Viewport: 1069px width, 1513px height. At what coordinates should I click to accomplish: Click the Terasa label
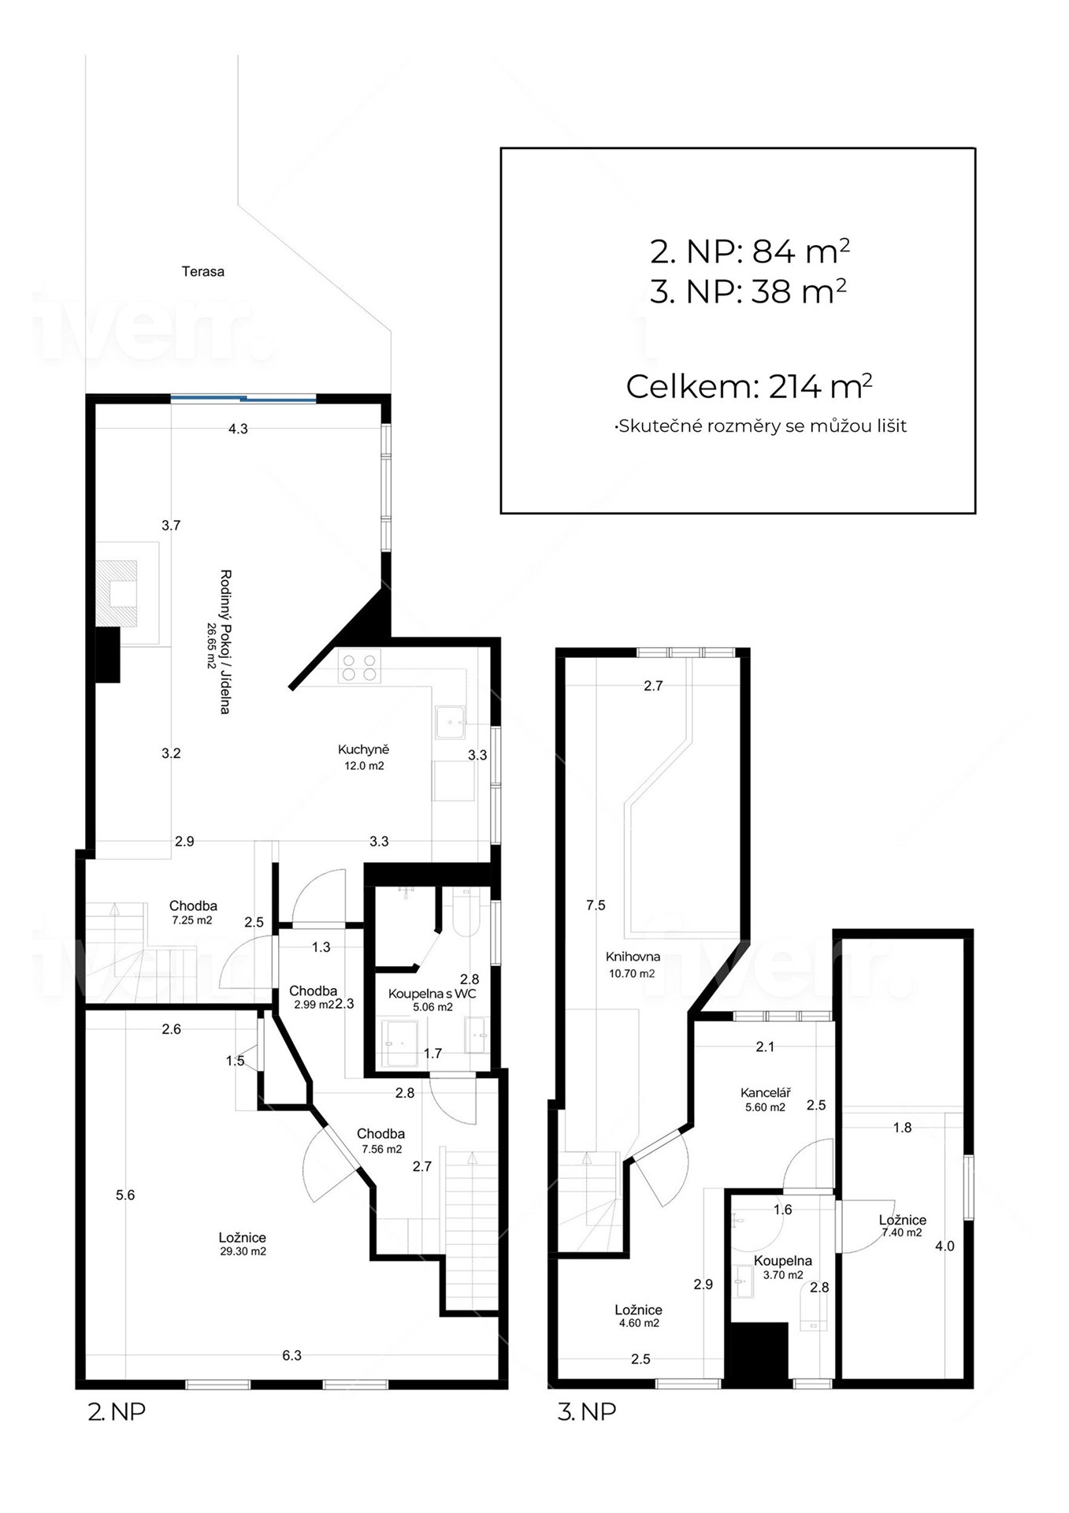click(203, 272)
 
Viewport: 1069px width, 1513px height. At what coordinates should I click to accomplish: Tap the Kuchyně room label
click(363, 749)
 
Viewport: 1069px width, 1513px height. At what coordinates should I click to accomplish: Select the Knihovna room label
click(633, 957)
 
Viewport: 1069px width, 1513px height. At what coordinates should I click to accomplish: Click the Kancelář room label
click(765, 1093)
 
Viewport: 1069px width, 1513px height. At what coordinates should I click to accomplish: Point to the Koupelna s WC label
click(432, 994)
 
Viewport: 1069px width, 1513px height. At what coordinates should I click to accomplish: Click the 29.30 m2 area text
click(243, 1251)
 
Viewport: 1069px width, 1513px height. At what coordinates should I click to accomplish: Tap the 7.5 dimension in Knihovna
click(596, 905)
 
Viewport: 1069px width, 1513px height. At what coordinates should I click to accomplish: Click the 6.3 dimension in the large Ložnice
click(291, 1356)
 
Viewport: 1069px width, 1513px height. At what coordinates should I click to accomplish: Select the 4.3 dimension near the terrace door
click(238, 429)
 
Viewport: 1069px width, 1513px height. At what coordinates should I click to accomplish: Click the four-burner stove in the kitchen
click(359, 666)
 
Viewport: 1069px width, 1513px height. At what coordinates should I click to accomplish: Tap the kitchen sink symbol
click(451, 722)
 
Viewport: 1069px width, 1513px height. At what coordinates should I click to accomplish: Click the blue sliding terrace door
click(243, 399)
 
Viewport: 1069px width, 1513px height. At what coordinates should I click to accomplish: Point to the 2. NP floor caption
click(117, 1411)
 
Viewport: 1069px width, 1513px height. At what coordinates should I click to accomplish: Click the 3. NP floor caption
click(587, 1411)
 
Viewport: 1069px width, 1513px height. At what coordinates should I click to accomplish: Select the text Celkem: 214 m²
click(749, 387)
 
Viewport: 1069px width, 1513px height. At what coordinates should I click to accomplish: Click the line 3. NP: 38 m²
click(748, 292)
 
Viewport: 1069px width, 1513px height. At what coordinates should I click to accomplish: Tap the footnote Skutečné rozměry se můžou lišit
click(761, 426)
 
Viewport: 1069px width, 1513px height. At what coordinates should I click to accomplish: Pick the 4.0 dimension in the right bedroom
click(945, 1246)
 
